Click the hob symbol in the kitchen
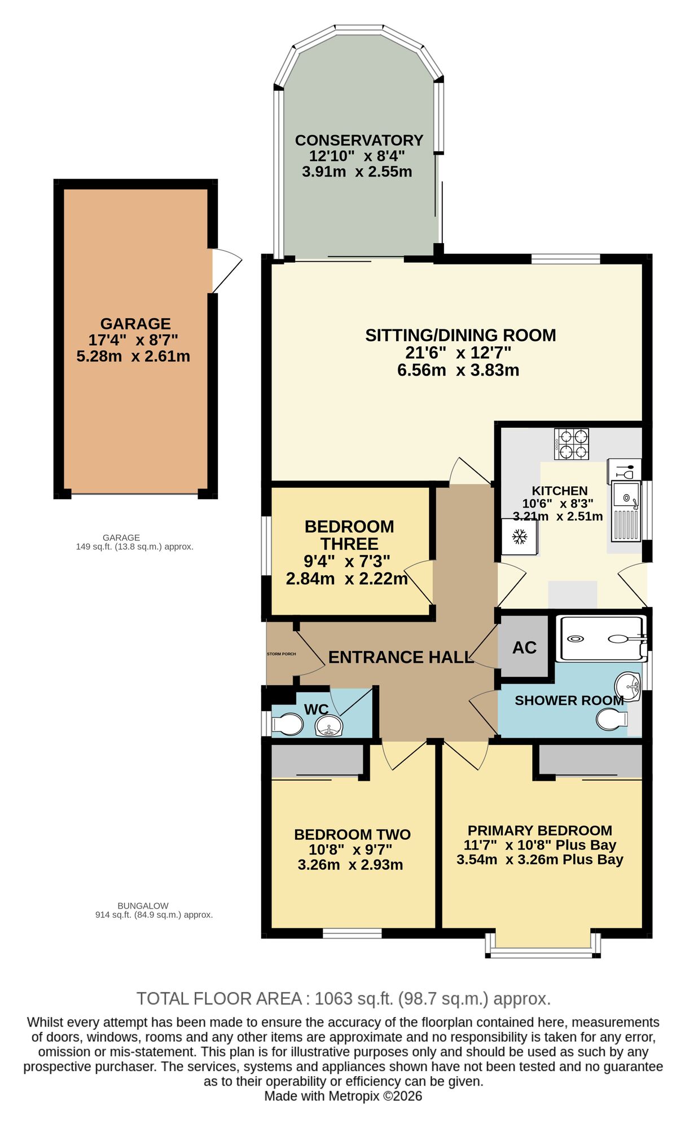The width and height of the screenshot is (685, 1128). point(572,444)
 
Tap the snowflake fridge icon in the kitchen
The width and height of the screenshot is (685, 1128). point(520,537)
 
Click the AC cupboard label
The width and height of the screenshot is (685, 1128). point(524,647)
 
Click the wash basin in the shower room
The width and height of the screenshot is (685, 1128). point(628,686)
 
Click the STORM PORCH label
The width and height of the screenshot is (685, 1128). point(281,654)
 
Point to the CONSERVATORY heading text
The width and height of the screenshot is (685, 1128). point(359,140)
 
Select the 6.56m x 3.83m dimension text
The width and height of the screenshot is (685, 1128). point(458,371)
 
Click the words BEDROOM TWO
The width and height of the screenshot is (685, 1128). point(352,835)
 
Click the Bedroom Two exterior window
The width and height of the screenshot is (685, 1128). point(352,933)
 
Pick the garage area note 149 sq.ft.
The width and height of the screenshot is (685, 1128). point(134,547)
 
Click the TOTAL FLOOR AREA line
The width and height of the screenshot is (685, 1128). point(343,999)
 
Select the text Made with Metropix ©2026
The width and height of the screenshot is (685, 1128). point(343,1096)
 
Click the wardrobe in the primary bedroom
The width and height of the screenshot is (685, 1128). point(590,761)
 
